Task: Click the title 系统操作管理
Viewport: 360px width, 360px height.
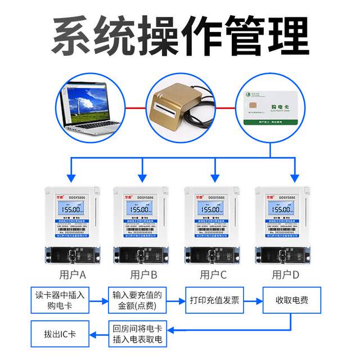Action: click(180, 35)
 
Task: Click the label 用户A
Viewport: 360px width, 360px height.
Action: click(73, 275)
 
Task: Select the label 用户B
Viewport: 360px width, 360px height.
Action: click(143, 275)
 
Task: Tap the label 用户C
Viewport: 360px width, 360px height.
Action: click(214, 275)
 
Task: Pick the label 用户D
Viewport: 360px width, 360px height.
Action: click(285, 275)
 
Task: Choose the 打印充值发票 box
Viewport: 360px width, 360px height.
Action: click(215, 301)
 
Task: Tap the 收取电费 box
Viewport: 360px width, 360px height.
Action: click(292, 301)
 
